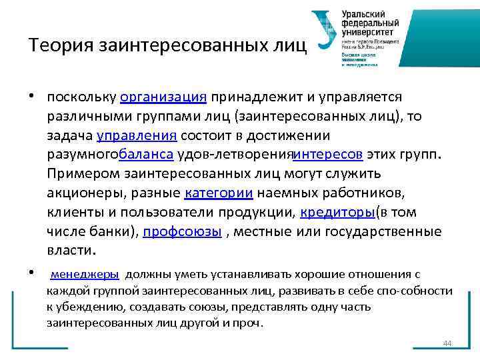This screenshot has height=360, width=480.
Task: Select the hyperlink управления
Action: click(137, 137)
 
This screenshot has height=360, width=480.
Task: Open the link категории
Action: click(218, 194)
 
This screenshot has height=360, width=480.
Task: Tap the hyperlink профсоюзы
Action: click(181, 233)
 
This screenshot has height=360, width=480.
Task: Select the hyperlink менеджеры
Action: click(85, 274)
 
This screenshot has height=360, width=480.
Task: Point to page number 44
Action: click(447, 343)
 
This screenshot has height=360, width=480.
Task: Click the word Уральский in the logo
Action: click(364, 13)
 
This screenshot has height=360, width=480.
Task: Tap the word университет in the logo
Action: click(367, 31)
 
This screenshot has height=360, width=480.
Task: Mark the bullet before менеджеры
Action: click(32, 272)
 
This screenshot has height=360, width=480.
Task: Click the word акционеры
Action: click(79, 194)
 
